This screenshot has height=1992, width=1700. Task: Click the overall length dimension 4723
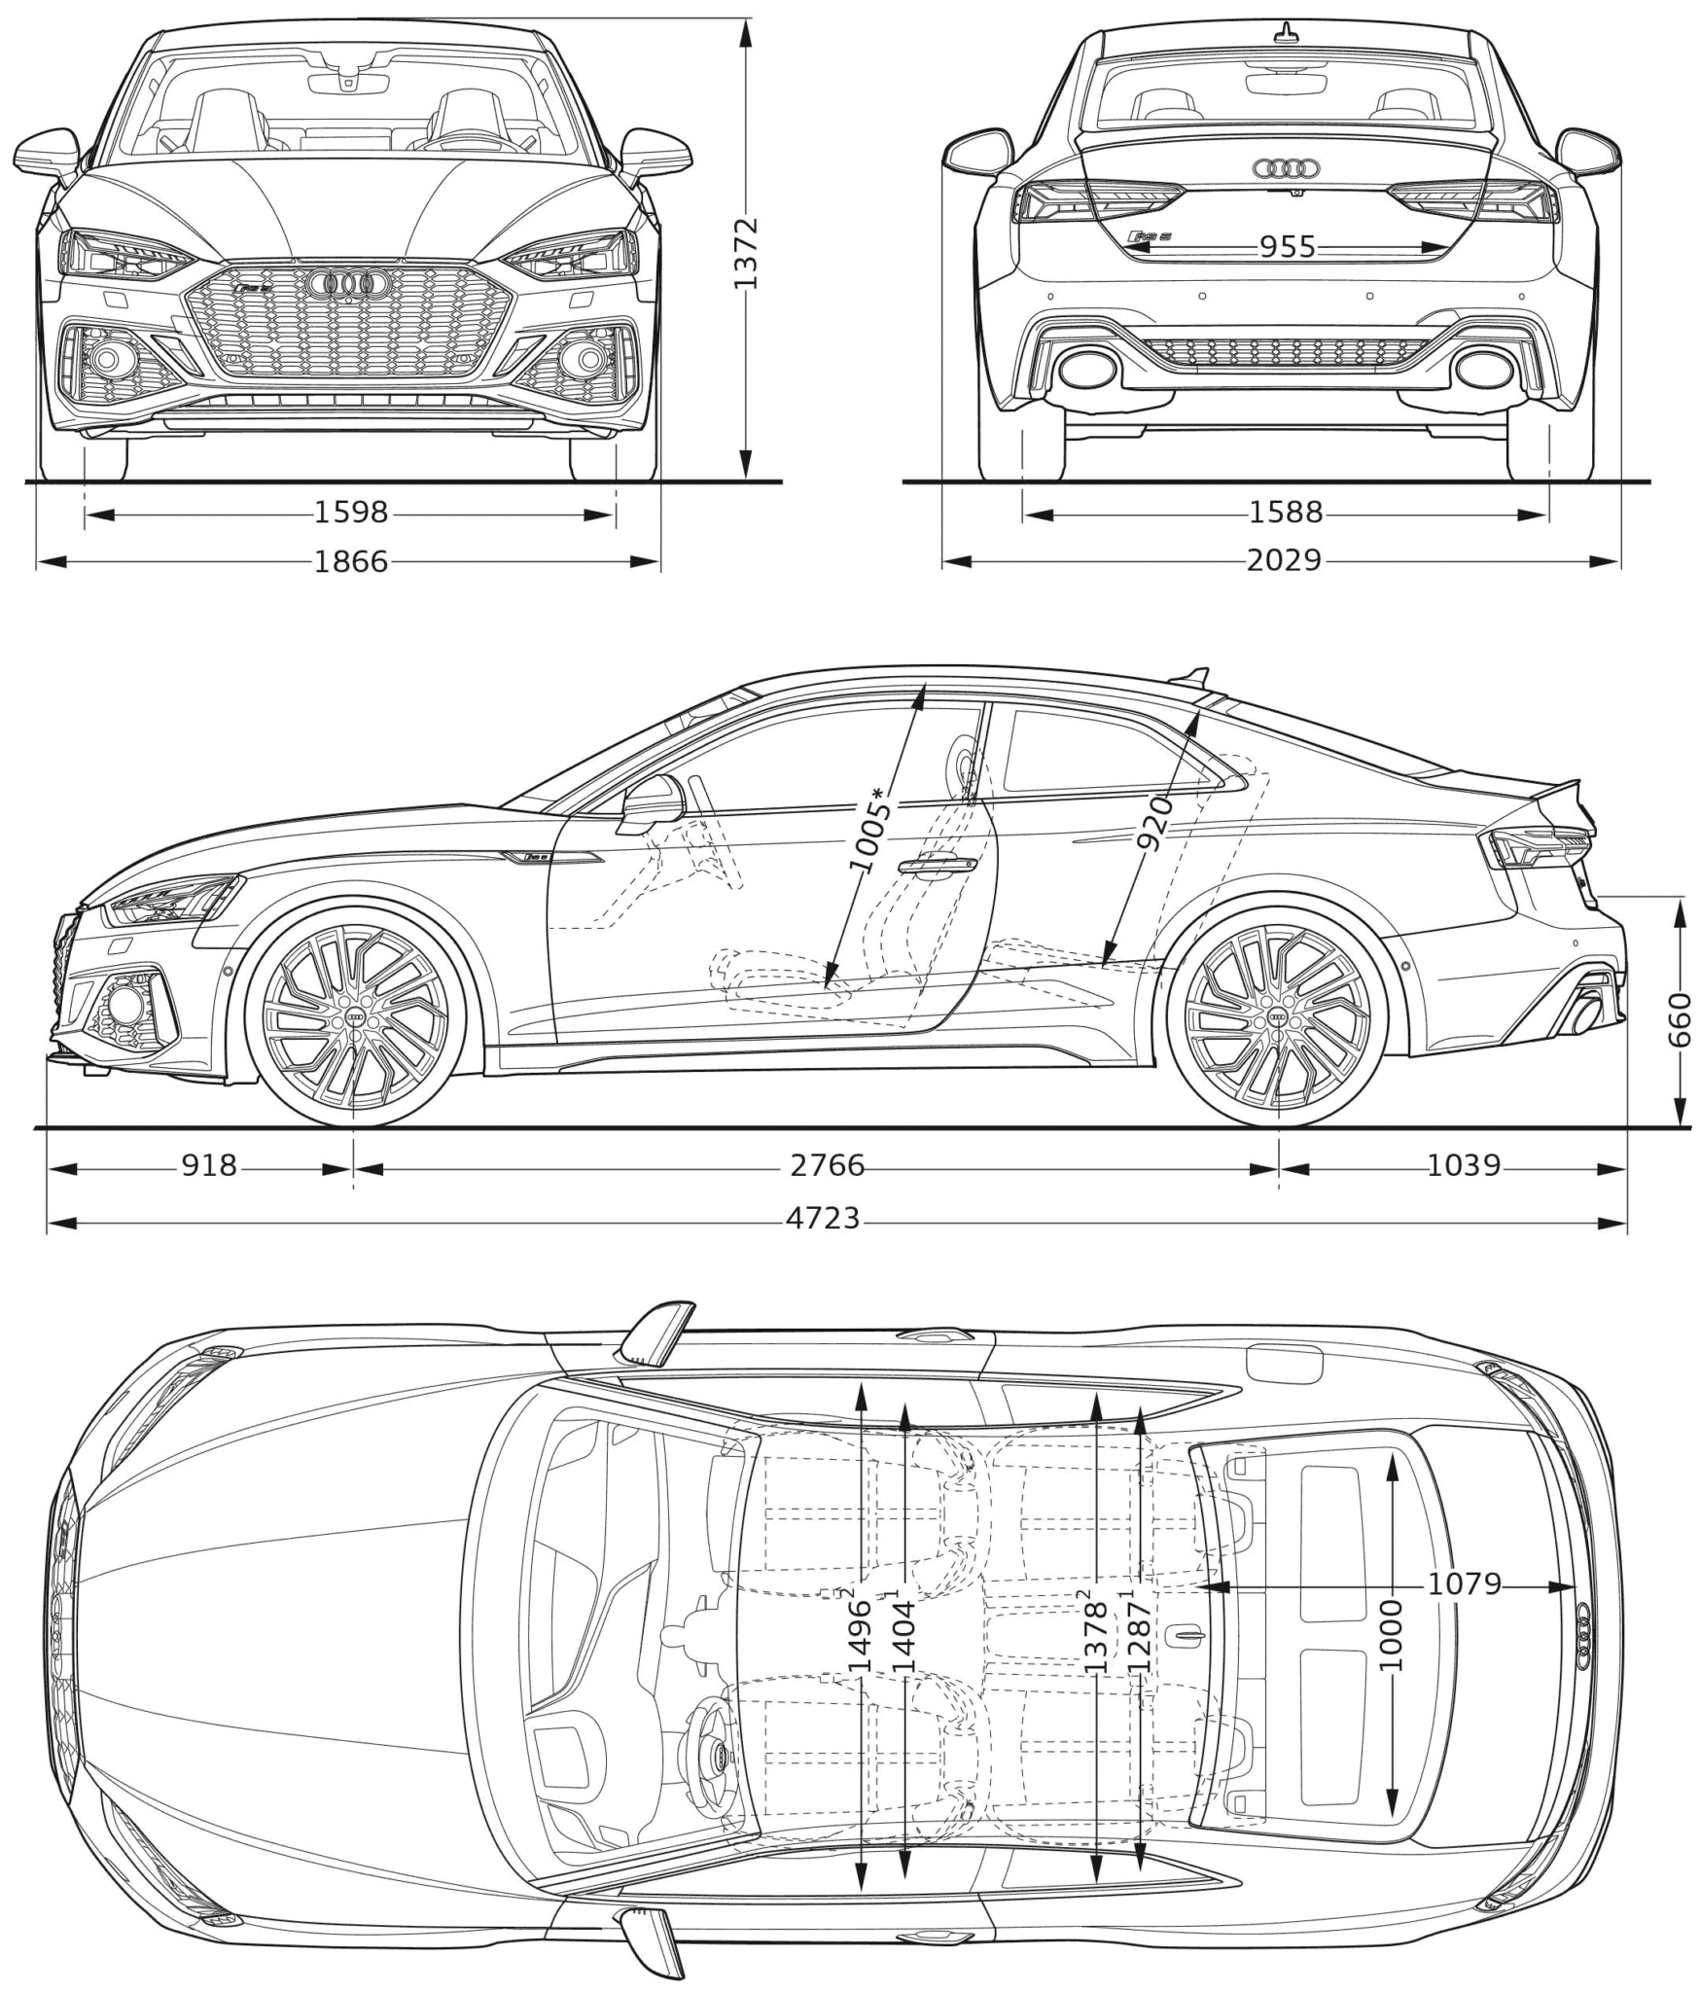pos(823,1217)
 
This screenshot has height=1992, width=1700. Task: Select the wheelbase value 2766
pos(827,1164)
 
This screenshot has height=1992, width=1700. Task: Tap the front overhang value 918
pos(209,1164)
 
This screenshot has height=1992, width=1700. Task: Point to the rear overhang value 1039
pos(1463,1164)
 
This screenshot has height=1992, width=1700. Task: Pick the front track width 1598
pos(350,512)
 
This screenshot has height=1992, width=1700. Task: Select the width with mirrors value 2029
pos(1284,560)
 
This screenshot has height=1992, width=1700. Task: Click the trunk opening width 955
pos(1288,247)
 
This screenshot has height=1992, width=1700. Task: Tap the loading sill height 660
pos(1680,1019)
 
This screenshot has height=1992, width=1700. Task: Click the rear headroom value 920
pos(1154,822)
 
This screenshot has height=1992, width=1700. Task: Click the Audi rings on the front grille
pos(347,283)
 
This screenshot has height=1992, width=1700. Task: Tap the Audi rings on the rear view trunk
pos(1287,169)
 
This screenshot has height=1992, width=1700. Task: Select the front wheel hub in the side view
pos(355,1017)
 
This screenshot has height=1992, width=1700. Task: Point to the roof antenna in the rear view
pos(1287,34)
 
